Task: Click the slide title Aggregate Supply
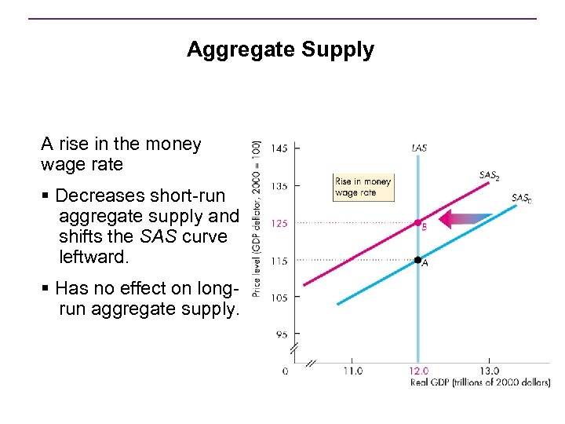click(280, 50)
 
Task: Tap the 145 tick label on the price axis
click(279, 148)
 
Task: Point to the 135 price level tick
click(279, 186)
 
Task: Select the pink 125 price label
click(279, 223)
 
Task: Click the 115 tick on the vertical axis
click(279, 261)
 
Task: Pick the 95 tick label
click(281, 334)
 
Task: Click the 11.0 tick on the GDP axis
click(352, 371)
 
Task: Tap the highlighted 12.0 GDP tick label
click(419, 371)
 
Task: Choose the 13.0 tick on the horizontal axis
click(488, 371)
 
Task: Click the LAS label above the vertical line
click(419, 148)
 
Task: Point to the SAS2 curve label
click(489, 175)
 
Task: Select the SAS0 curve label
click(522, 199)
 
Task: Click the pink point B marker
click(418, 223)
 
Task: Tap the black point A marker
click(418, 259)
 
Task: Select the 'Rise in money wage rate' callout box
click(363, 187)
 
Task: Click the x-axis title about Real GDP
click(480, 383)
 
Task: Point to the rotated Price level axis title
click(257, 218)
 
